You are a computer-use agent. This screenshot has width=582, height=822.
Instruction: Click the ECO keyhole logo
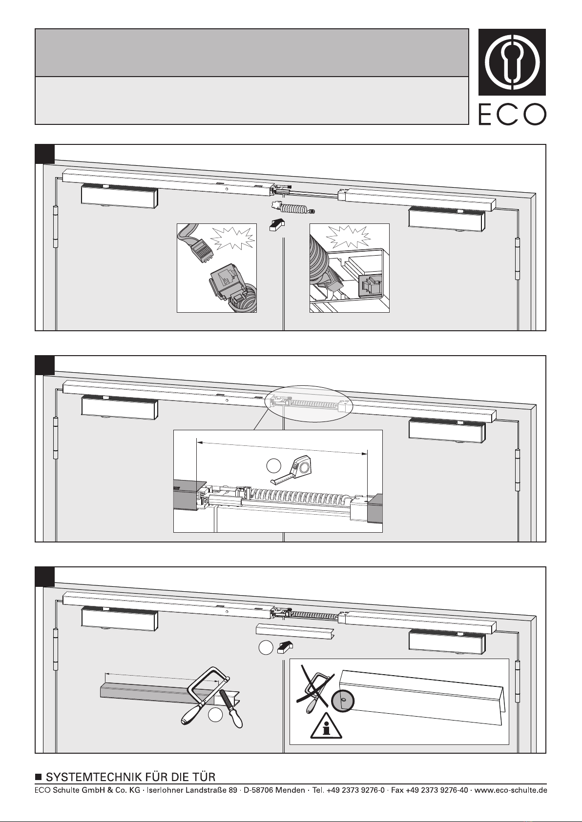(x=512, y=62)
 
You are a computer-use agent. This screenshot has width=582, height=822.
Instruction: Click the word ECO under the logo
(x=512, y=115)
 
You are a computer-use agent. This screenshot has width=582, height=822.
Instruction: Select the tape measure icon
(x=291, y=469)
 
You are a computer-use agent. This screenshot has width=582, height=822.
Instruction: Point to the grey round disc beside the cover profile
(x=343, y=701)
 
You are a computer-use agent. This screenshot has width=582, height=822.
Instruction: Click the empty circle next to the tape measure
(x=273, y=466)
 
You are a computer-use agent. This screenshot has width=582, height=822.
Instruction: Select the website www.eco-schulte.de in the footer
(x=510, y=790)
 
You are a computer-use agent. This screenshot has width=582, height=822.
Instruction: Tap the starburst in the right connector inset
(x=349, y=236)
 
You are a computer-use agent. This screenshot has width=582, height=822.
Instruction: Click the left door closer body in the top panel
(x=119, y=196)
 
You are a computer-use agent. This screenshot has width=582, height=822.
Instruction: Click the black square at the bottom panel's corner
(x=45, y=577)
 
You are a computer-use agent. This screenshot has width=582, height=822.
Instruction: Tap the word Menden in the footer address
(x=290, y=790)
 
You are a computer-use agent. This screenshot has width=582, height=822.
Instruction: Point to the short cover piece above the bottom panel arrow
(x=295, y=630)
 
